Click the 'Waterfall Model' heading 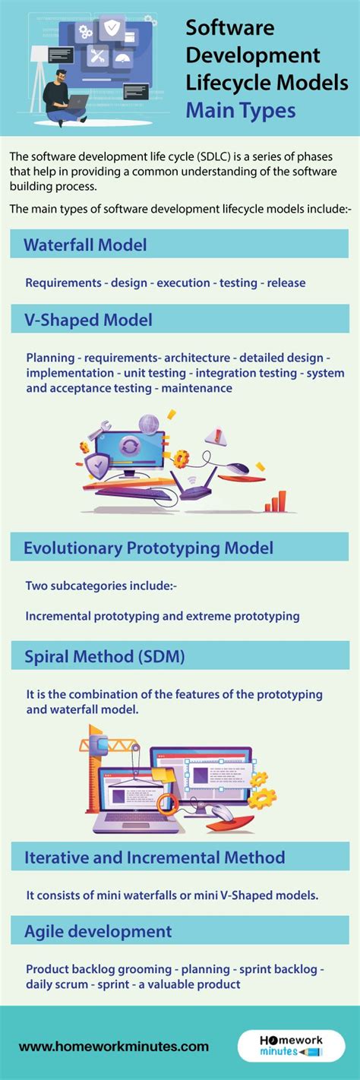coord(85,245)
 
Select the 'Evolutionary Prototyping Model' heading coord(148,548)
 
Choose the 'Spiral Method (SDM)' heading coord(104,656)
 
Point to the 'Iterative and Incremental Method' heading coord(154,857)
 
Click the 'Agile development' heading coord(98,931)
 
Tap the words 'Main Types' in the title coord(241,110)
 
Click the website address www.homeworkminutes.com coord(114,1046)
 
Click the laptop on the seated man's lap coord(78,102)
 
